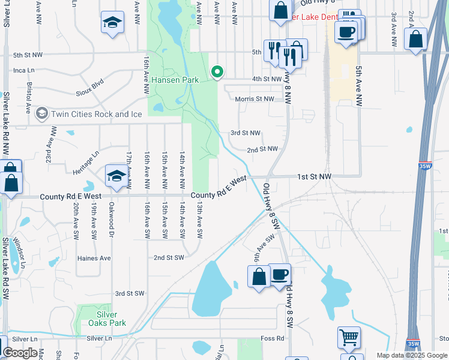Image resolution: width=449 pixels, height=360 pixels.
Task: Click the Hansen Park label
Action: (175, 80)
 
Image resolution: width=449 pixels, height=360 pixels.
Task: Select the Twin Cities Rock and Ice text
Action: (89, 114)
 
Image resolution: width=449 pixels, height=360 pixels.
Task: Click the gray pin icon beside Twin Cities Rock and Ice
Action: (42, 113)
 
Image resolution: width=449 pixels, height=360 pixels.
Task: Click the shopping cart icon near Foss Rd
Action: (349, 338)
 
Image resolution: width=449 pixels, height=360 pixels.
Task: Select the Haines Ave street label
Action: (94, 258)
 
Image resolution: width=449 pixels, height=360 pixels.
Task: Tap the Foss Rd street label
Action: (272, 338)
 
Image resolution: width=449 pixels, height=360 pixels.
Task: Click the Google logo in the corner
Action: (20, 353)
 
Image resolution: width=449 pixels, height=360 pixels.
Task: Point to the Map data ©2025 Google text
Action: (411, 355)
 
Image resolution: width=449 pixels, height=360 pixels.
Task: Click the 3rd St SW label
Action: (130, 293)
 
